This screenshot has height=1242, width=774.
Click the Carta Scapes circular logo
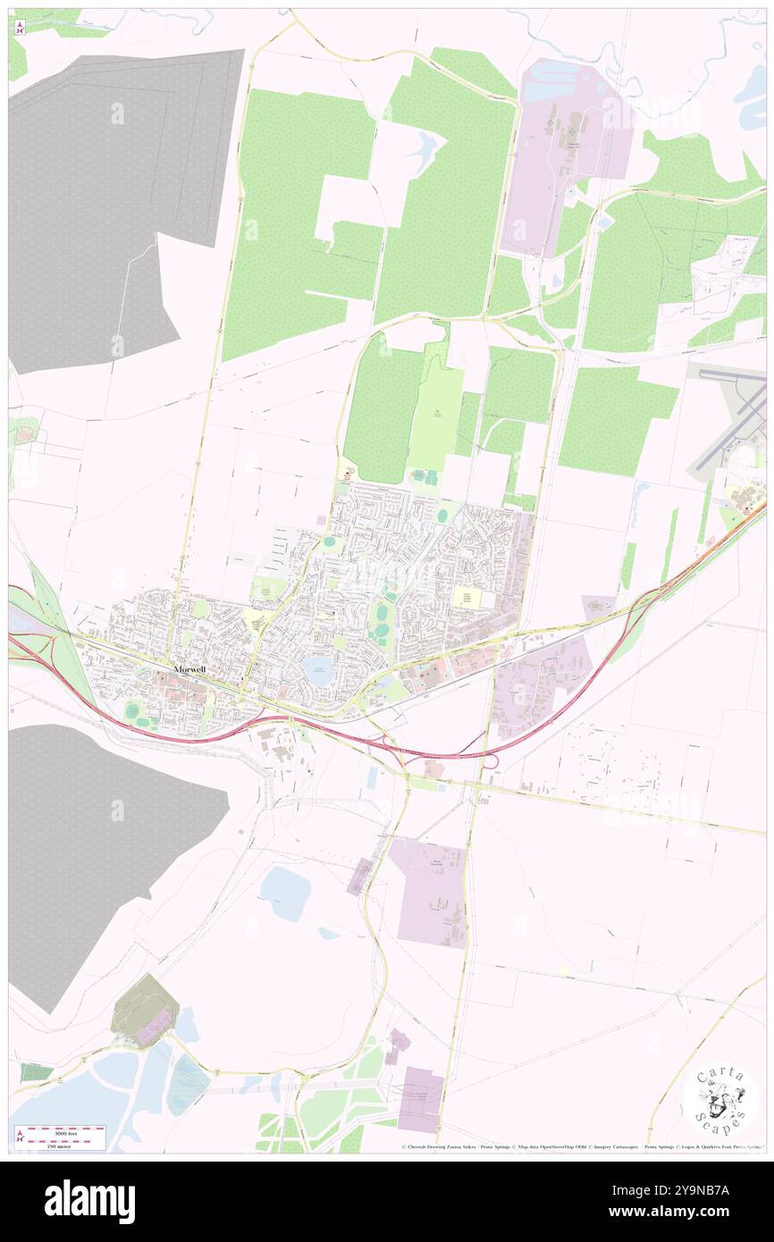coord(720,1099)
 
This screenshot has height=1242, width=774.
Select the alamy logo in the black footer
coord(89,1202)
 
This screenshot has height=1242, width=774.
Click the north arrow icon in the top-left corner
coord(21,27)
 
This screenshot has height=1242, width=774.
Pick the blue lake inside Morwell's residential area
coord(317,671)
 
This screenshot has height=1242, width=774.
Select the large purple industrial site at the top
coord(566,152)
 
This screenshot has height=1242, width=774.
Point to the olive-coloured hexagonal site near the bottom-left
coord(145,1010)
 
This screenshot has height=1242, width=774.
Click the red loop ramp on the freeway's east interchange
coord(487,762)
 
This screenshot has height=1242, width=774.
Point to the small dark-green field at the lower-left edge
coord(35,1072)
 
